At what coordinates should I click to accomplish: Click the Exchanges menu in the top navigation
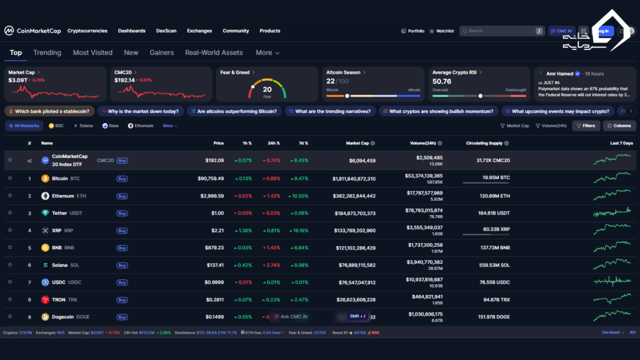[x=199, y=31]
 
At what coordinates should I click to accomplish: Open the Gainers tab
[x=161, y=52]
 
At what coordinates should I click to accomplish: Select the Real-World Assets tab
[x=214, y=52]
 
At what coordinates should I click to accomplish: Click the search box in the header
[x=500, y=31]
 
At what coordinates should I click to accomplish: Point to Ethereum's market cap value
[x=354, y=196]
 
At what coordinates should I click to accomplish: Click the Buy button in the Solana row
[x=122, y=265]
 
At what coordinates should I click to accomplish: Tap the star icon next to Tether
[x=10, y=213]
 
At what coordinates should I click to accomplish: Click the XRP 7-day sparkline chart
[x=612, y=230]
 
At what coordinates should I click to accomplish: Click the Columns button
[x=619, y=126]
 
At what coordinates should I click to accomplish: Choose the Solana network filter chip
[x=83, y=126]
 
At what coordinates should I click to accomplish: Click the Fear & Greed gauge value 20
[x=267, y=89]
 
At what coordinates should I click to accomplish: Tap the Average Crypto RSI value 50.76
[x=442, y=81]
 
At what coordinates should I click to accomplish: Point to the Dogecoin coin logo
[x=45, y=317]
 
